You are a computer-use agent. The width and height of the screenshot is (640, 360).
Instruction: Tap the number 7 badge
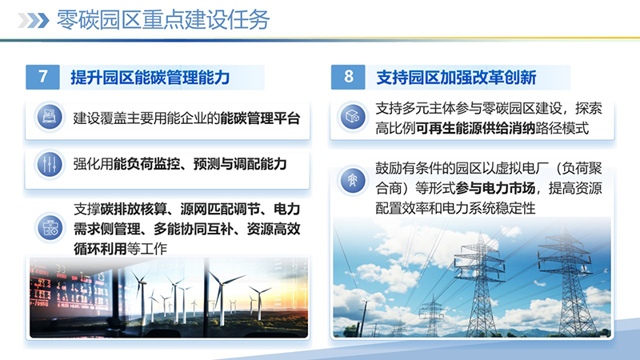click(x=43, y=77)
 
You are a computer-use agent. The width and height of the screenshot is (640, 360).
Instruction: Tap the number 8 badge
click(x=348, y=77)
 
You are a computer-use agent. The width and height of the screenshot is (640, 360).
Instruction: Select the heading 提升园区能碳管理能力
click(x=150, y=78)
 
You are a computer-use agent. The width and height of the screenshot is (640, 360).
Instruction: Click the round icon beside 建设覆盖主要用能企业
click(x=47, y=118)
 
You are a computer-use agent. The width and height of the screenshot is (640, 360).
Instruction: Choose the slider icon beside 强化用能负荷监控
click(x=47, y=164)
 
